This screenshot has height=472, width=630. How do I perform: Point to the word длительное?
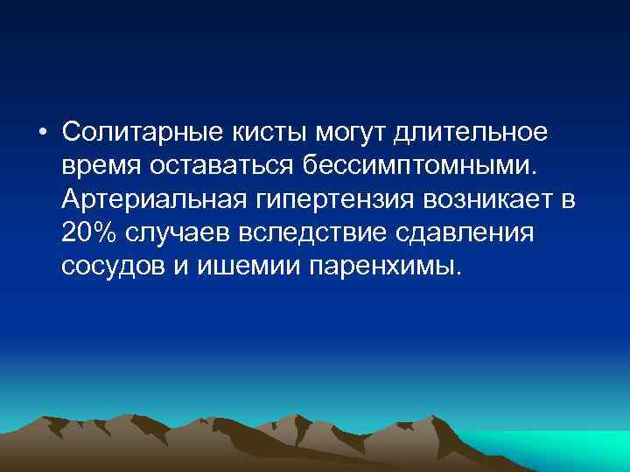tap(473, 133)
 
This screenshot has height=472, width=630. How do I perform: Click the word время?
tap(103, 166)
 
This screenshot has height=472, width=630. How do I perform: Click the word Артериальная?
tap(157, 199)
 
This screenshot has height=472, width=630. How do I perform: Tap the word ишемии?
tap(241, 266)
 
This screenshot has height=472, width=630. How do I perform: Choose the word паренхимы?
tap(383, 266)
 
